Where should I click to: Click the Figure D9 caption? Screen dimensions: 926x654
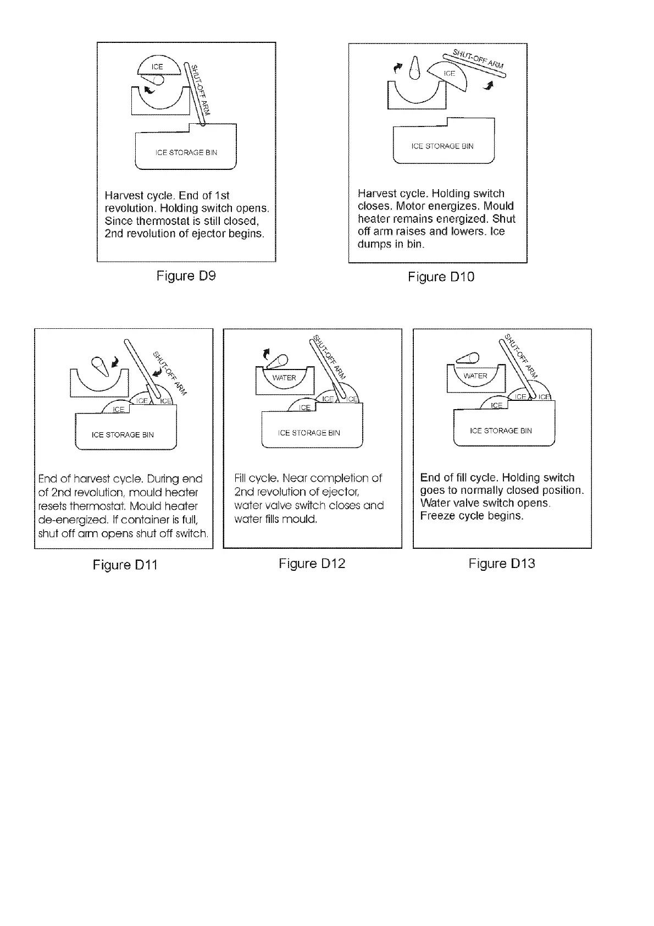point(186,275)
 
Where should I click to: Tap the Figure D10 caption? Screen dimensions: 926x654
point(441,277)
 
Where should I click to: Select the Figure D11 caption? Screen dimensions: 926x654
point(125,565)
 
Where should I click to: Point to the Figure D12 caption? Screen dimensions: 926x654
point(312,564)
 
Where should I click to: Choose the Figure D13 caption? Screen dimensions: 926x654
point(501,564)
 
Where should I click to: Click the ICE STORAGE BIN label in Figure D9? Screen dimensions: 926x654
point(186,152)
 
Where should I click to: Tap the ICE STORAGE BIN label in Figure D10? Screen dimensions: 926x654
point(442,146)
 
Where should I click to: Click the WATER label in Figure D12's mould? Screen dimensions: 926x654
point(284,378)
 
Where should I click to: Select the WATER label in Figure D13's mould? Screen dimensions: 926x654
point(475,376)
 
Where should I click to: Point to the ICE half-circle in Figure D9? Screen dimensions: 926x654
point(158,67)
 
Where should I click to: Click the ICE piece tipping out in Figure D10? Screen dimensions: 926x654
point(450,75)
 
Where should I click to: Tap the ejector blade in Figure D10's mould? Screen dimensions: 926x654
point(416,69)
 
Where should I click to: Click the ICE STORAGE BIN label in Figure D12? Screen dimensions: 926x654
point(309,433)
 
